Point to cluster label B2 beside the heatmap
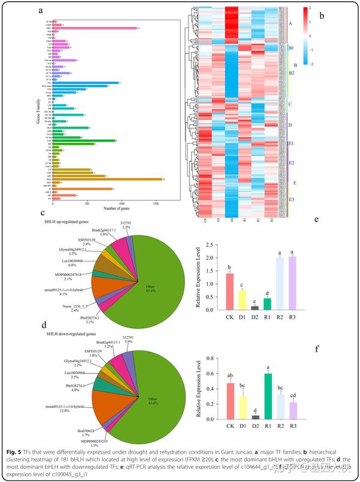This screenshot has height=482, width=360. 291,73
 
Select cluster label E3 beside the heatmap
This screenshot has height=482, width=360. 292,199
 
